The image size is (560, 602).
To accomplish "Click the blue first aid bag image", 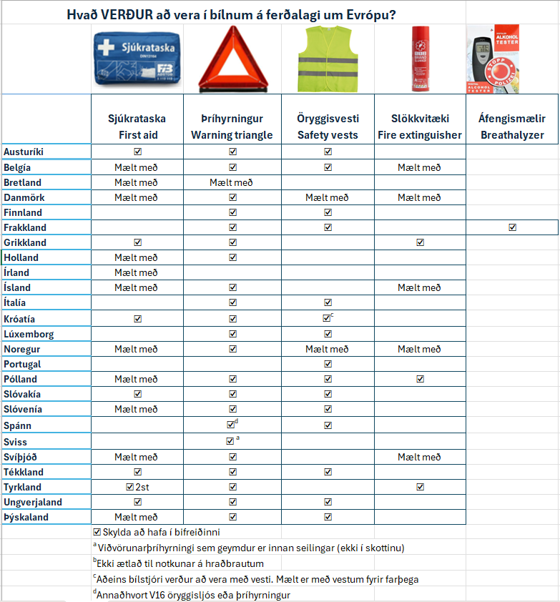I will pos(137,59).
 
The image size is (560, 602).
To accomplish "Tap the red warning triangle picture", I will pos(232,59).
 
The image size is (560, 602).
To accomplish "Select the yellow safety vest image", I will pos(327,59).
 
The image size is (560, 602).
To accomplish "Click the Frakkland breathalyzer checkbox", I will pos(512,227).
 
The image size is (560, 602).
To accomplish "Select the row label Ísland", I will pos(17,288).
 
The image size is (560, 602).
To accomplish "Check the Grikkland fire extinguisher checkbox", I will pos(420,242).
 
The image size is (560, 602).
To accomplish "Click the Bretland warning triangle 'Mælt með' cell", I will pos(232,182).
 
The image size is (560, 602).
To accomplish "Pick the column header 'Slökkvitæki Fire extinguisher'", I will pos(420,127).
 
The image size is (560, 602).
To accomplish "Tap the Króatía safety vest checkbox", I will pos(327,318).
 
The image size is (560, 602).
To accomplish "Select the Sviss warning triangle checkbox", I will pos(230,441).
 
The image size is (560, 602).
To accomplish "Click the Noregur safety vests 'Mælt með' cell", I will pos(327,349).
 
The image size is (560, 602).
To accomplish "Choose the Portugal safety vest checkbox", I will pos(328,364).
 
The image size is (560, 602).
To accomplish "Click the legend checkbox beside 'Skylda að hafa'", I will pos(97,532).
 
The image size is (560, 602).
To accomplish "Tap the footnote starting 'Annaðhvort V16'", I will pos(193,595).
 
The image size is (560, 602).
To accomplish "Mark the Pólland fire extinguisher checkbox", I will pos(420,379).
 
